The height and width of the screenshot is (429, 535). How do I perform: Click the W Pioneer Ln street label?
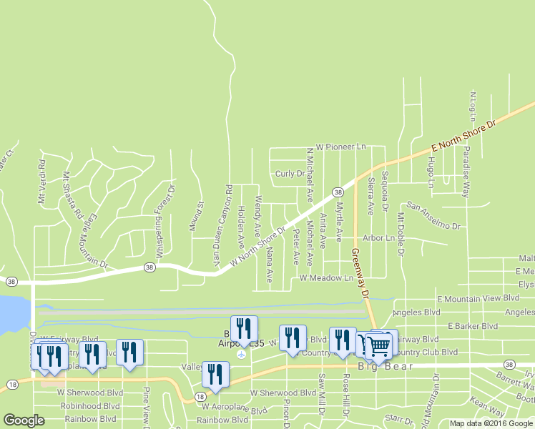(x=340, y=147)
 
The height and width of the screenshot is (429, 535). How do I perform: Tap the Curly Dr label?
(x=290, y=174)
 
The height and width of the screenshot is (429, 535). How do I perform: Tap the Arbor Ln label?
(x=378, y=237)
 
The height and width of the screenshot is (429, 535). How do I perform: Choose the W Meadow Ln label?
(x=326, y=277)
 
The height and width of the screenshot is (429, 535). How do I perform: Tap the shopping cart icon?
(x=379, y=347)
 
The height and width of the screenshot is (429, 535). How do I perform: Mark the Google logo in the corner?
(x=24, y=421)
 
